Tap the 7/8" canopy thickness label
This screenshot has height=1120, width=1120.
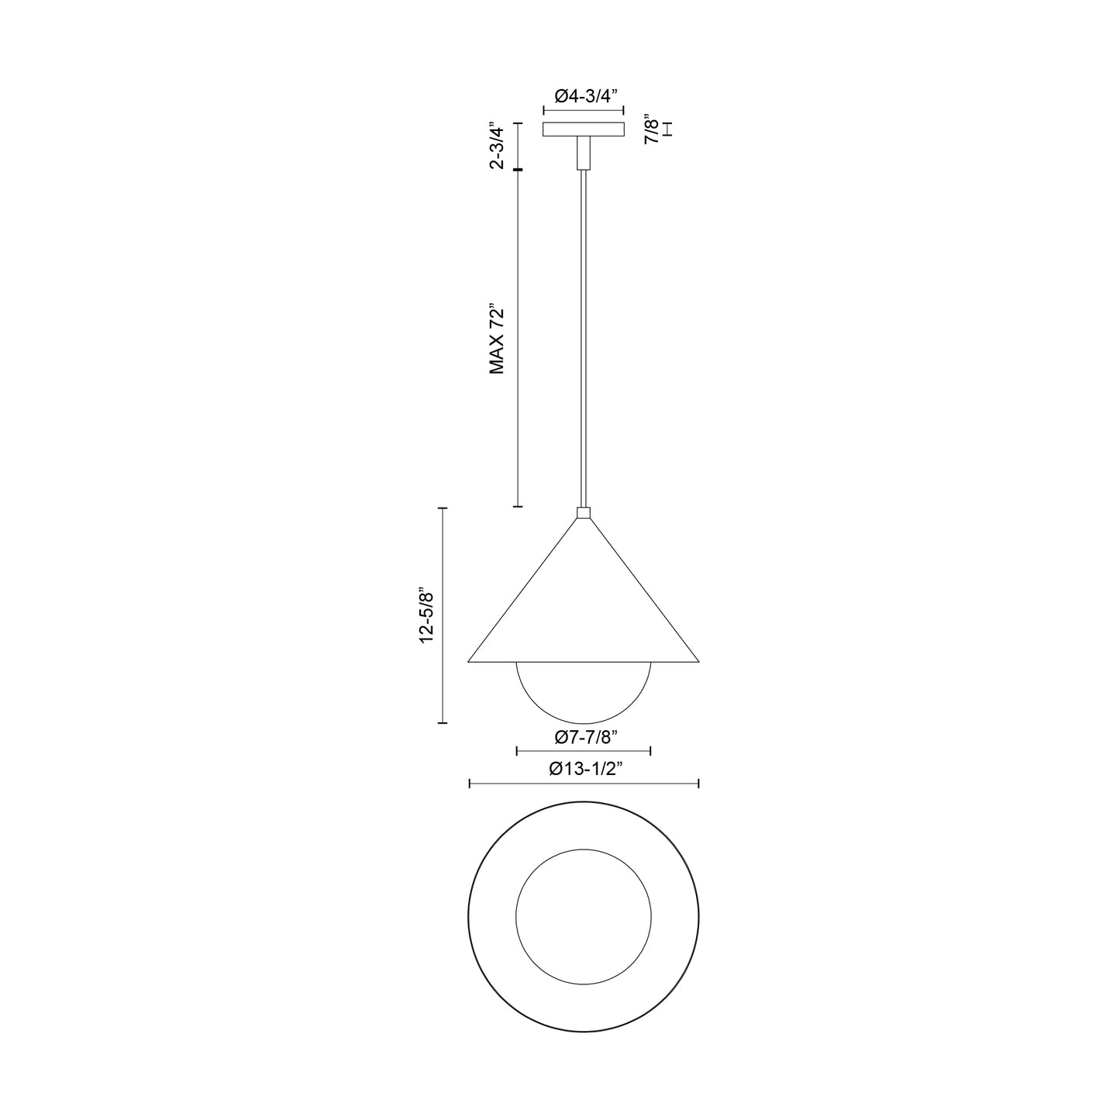(653, 129)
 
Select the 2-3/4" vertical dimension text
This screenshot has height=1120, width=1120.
(498, 145)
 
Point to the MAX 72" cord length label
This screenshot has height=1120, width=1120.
(498, 339)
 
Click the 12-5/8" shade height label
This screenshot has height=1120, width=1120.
(425, 615)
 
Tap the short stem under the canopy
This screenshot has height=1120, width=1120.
(583, 153)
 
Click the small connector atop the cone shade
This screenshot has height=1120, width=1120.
(584, 512)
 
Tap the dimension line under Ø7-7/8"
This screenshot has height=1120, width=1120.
(583, 750)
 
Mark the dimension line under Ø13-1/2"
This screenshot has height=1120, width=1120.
(584, 784)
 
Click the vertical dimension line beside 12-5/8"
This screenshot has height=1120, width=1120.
(443, 615)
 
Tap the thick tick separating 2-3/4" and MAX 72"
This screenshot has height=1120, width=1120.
(517, 169)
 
